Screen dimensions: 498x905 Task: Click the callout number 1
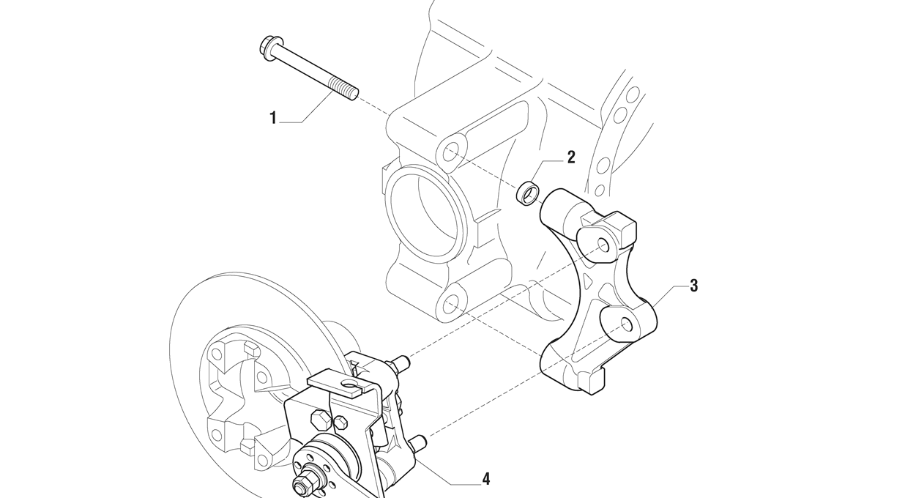coord(273,118)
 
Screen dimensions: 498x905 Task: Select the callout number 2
coord(571,157)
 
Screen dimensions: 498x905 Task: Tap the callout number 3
coord(693,286)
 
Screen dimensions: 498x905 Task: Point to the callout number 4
coord(485,480)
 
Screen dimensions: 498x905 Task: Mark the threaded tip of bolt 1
coord(349,92)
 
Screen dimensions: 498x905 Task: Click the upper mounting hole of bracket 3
coord(603,244)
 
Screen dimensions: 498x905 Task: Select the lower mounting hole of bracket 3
coord(627,323)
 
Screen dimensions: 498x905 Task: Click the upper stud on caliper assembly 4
coord(400,361)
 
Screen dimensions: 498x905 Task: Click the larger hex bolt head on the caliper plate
coord(321,420)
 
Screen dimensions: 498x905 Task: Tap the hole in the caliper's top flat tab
coord(350,382)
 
